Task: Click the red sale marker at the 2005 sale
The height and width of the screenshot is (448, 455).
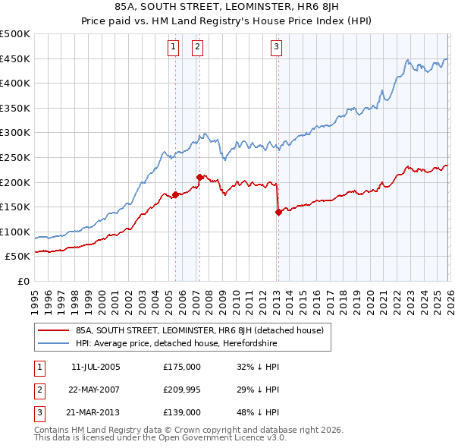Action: point(175,194)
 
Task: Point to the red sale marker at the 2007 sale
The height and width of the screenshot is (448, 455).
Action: point(199,177)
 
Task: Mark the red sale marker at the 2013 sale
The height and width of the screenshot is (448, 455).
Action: point(278,212)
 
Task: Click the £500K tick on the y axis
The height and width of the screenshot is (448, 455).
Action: point(15,34)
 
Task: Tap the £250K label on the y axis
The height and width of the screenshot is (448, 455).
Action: point(15,157)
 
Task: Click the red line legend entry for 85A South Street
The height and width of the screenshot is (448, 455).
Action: point(199,330)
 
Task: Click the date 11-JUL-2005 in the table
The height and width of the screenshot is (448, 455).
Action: point(95,366)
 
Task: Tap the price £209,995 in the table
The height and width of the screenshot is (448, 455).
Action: point(182,389)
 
